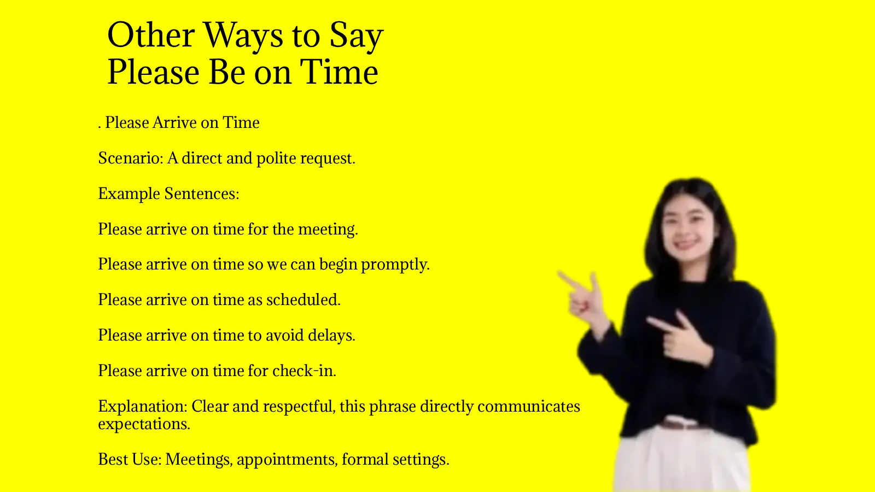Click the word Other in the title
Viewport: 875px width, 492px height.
[151, 36]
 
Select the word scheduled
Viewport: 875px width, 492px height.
[303, 300]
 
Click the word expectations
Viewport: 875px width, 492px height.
[144, 424]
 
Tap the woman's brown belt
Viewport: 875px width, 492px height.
[681, 424]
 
